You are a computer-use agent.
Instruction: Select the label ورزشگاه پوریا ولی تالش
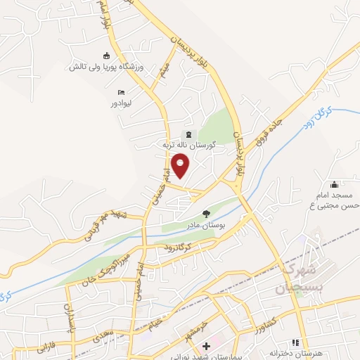pyautogui.click(x=106, y=67)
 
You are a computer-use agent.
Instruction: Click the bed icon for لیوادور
pyautogui.click(x=122, y=92)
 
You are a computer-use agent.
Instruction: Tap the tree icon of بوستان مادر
pyautogui.click(x=206, y=213)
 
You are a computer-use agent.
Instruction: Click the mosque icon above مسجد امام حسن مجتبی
pyautogui.click(x=334, y=184)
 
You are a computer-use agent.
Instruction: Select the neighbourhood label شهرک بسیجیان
pyautogui.click(x=299, y=279)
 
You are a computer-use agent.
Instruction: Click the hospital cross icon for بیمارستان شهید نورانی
pyautogui.click(x=206, y=346)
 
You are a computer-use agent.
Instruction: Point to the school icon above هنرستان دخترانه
pyautogui.click(x=295, y=343)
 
